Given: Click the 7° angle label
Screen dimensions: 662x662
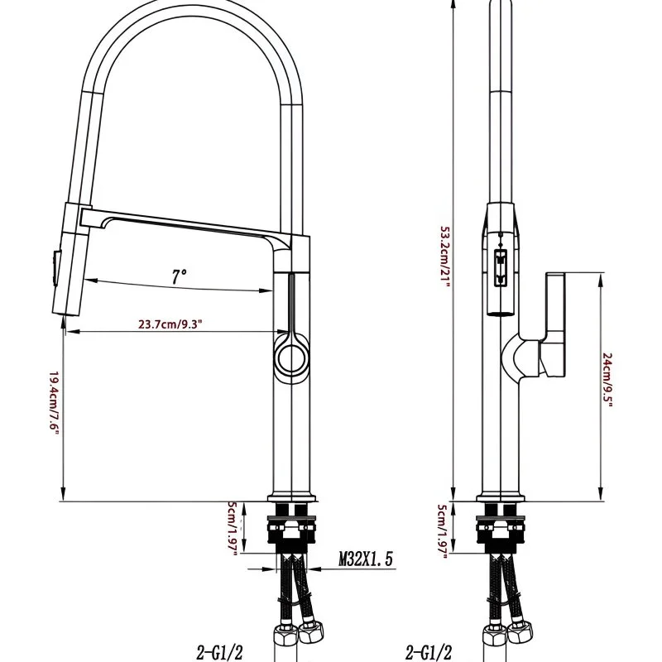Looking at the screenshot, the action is pos(179,276).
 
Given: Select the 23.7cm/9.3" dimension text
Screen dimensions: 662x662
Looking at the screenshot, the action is pos(170,324).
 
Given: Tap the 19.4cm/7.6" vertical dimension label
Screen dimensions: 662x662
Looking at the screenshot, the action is pos(54,404).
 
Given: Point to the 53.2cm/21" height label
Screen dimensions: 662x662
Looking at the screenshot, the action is pos(445,257).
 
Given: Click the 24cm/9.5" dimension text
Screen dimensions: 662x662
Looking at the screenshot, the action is pos(607,380).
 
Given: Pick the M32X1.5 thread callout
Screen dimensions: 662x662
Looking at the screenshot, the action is pos(366,559).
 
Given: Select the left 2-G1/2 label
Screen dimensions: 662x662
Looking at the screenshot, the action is pos(219,652).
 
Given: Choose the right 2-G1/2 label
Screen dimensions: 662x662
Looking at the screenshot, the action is pos(429,652).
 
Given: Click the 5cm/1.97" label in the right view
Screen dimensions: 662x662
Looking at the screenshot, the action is pos(442,531).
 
